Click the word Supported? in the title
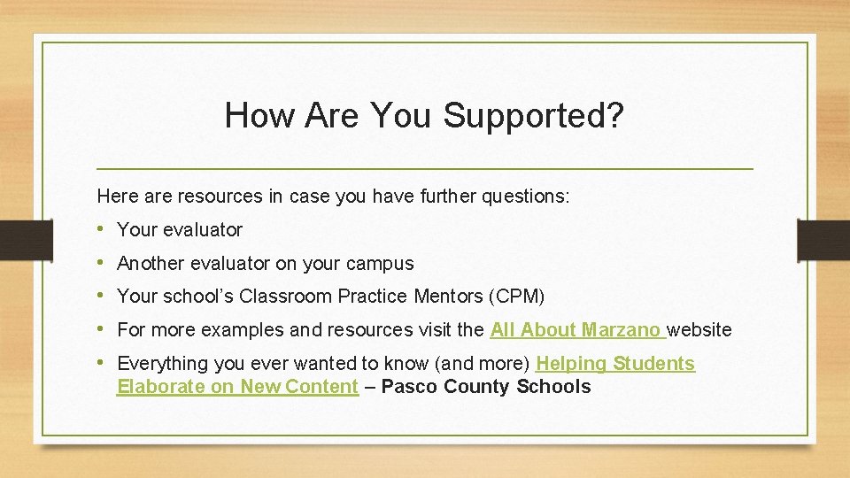[533, 116]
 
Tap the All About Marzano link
[576, 330]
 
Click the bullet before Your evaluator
[104, 229]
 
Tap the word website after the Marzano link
[699, 330]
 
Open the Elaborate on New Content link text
[237, 387]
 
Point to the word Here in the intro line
[116, 197]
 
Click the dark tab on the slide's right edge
[823, 240]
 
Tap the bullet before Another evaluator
[104, 263]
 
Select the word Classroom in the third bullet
[281, 297]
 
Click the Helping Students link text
[615, 364]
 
